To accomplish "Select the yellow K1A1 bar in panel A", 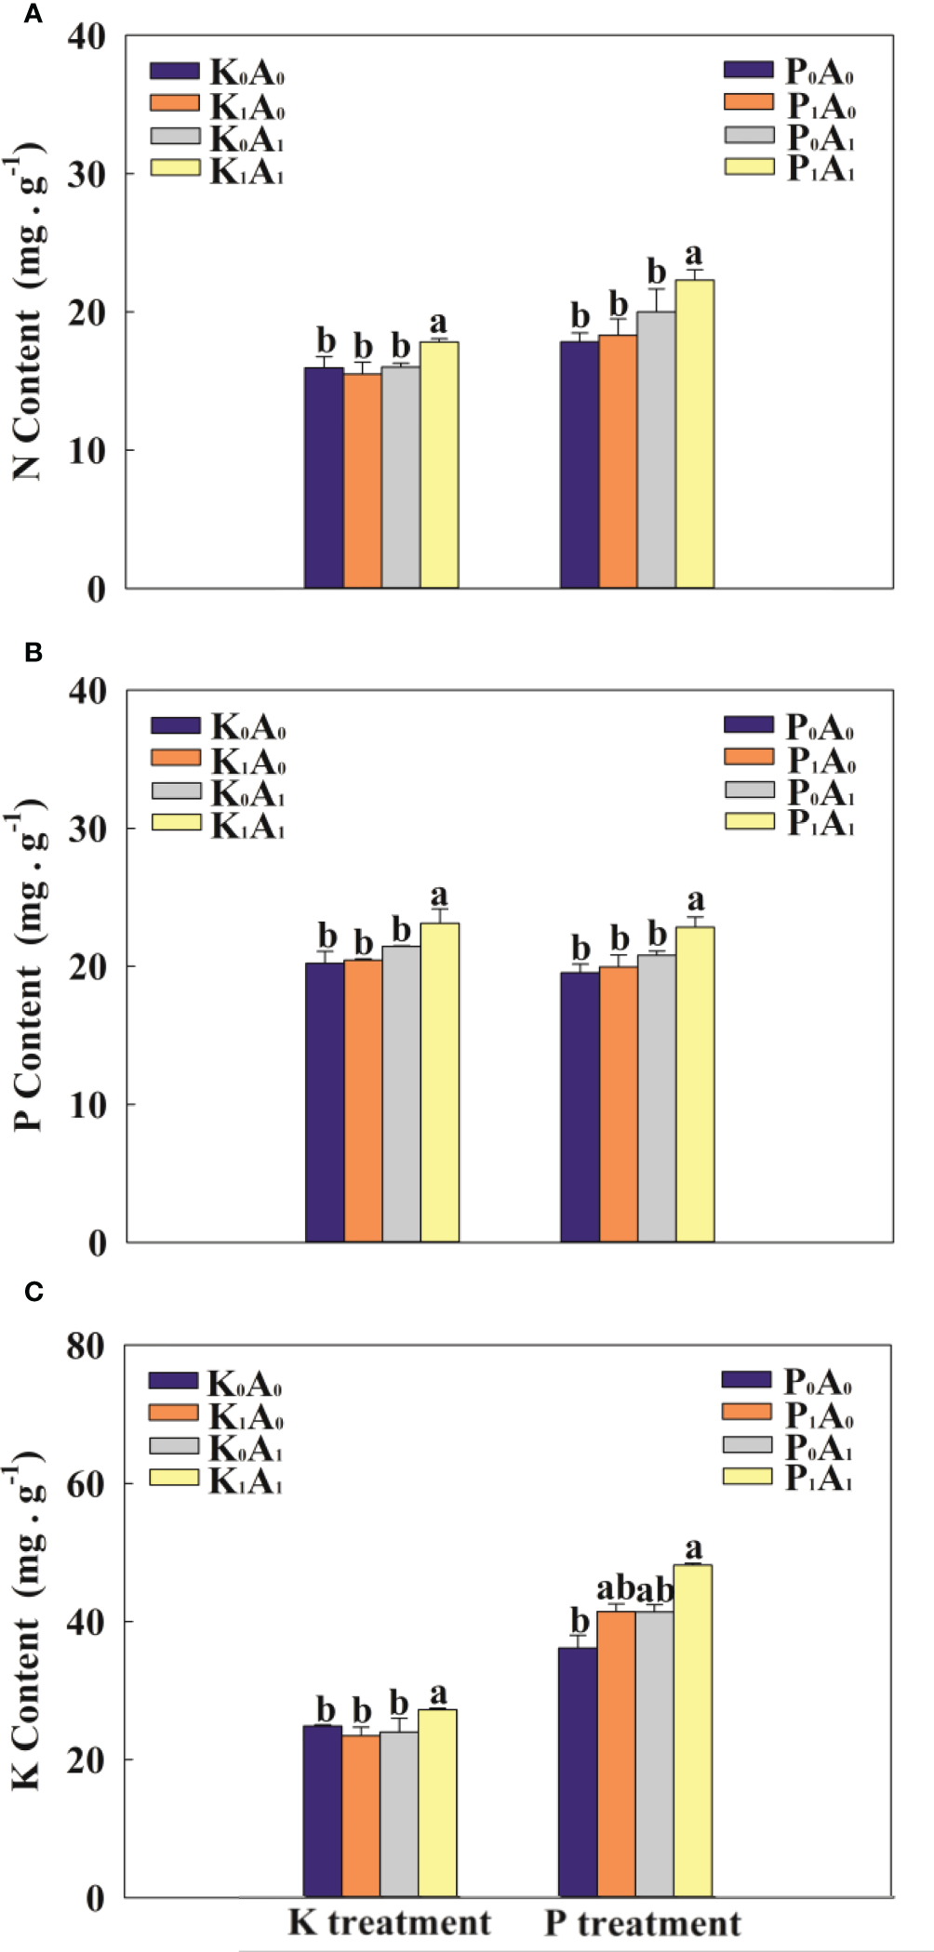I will [x=438, y=465].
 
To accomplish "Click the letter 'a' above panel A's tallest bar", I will [x=693, y=254].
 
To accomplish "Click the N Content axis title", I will [x=28, y=316].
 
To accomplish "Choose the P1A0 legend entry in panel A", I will [x=791, y=106].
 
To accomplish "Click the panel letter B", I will [x=33, y=653].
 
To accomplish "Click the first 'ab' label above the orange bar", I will [x=615, y=1588].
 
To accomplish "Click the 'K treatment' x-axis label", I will [x=389, y=1921].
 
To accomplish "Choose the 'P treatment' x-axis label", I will [x=642, y=1921].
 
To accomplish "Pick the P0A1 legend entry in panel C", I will [x=789, y=1447].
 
